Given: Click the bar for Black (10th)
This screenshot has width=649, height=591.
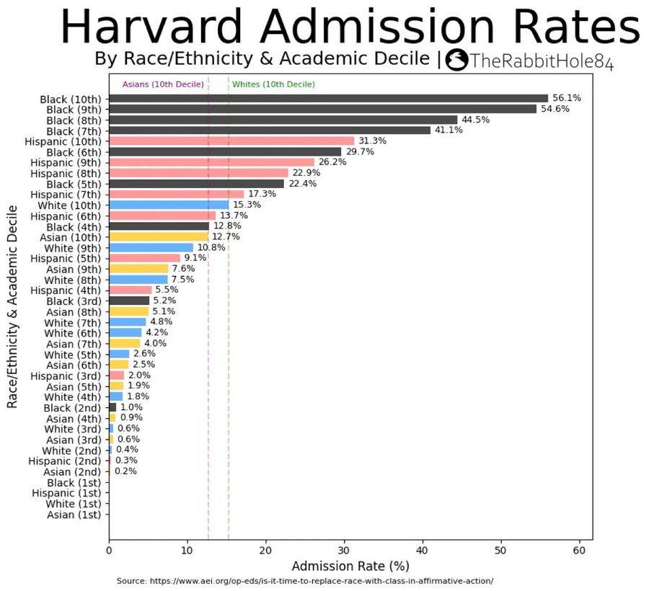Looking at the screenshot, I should [328, 98].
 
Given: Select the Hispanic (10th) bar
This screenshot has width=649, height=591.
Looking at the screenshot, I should [231, 141].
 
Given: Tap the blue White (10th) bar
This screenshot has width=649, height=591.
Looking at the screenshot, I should [169, 205].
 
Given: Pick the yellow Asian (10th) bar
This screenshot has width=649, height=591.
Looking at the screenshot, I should [159, 236].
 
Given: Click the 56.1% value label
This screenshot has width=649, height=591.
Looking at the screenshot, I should [567, 98].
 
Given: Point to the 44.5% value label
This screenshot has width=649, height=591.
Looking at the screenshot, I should [476, 120].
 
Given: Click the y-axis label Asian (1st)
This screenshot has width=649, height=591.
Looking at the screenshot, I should [75, 515].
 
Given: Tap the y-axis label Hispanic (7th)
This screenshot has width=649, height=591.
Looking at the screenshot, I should [66, 195].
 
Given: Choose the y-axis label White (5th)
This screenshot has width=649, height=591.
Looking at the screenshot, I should [73, 355].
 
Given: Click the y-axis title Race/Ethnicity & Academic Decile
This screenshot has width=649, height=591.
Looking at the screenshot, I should [12, 306].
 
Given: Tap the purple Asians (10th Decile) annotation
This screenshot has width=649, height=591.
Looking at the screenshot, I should [163, 84].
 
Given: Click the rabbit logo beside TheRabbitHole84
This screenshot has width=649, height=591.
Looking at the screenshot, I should [458, 61].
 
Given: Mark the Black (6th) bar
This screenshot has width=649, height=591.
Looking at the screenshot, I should [225, 152].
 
